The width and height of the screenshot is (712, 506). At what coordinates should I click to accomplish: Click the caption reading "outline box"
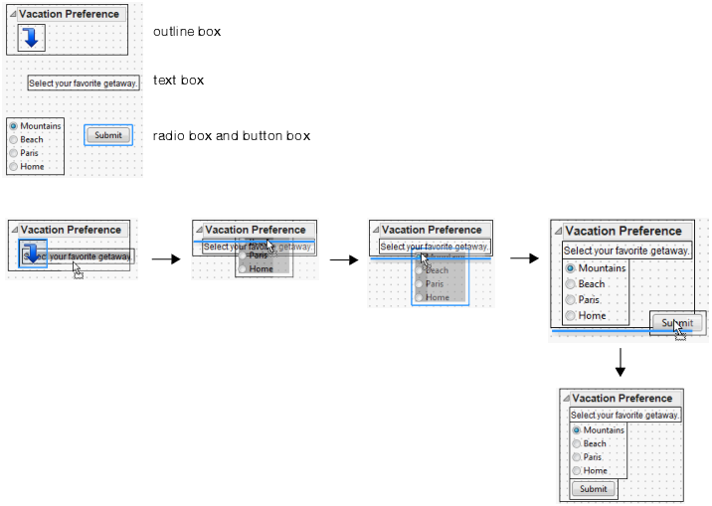coord(186,32)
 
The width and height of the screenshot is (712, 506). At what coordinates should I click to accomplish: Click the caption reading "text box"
coord(178,80)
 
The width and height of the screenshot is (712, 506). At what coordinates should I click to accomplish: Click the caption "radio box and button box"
coord(231,135)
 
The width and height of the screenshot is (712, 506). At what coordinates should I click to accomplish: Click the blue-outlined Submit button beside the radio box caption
coord(108,135)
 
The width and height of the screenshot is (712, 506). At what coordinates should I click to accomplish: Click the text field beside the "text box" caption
coord(83,84)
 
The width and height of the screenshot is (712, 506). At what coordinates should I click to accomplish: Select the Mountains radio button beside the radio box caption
coord(13,126)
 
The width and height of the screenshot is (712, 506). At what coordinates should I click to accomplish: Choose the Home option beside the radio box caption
coord(13,167)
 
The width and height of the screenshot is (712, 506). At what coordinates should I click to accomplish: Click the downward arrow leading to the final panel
coord(620,363)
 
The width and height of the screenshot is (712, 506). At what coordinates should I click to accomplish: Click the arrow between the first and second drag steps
coord(165,259)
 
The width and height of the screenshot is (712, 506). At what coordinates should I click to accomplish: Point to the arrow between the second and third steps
coord(343,259)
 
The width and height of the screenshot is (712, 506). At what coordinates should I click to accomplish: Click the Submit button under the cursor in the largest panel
coord(678,323)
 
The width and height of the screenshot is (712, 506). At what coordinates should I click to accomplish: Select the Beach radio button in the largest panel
coord(570,284)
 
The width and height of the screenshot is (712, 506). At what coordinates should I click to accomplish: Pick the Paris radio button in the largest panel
coord(570,300)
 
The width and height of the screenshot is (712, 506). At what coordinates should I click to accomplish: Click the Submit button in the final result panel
coord(593,489)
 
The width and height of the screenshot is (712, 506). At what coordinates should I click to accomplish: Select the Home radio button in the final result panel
coord(577,470)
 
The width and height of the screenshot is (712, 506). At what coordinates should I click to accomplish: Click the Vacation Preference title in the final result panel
coord(622,398)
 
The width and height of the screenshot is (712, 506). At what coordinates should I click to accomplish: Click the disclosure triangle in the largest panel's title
coord(559,231)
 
